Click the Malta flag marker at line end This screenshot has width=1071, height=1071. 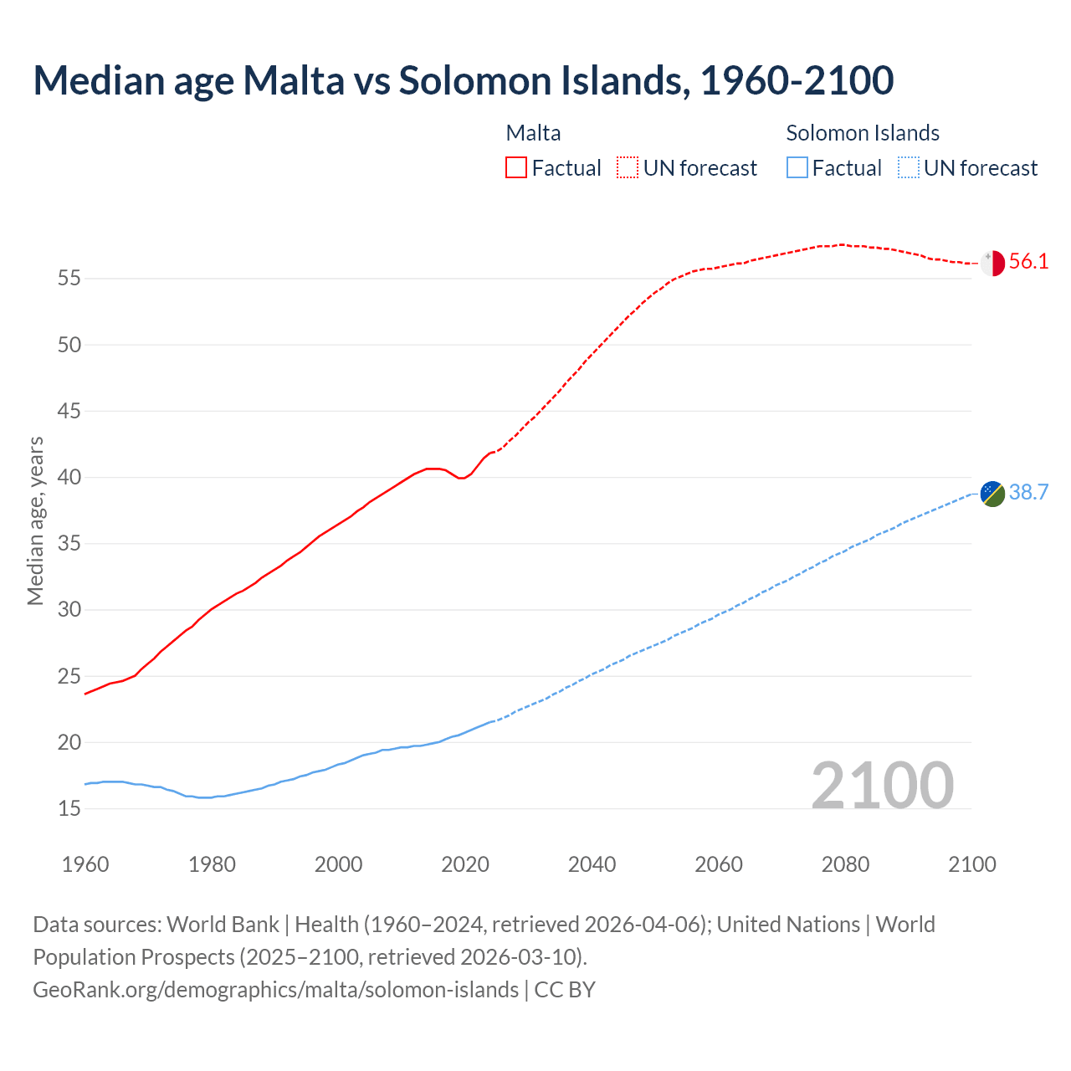(992, 263)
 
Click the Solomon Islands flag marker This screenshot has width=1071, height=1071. (992, 494)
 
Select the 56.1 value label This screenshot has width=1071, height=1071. (1028, 262)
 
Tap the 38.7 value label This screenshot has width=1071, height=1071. (1028, 493)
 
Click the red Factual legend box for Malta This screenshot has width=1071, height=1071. (516, 168)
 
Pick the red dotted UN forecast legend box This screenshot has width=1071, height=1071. (628, 168)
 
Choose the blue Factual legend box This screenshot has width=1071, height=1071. (797, 168)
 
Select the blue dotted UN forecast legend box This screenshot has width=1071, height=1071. (908, 168)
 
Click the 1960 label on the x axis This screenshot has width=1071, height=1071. (85, 864)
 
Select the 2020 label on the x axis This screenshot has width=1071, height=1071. (465, 864)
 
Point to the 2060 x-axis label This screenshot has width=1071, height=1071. (719, 864)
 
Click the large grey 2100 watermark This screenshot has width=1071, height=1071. (882, 786)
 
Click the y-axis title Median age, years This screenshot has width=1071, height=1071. (35, 520)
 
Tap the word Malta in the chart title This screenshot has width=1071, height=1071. (293, 80)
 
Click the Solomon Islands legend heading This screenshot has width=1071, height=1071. (863, 133)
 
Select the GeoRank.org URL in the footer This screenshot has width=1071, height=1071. (275, 990)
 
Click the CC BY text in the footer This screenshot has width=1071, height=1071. (565, 990)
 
